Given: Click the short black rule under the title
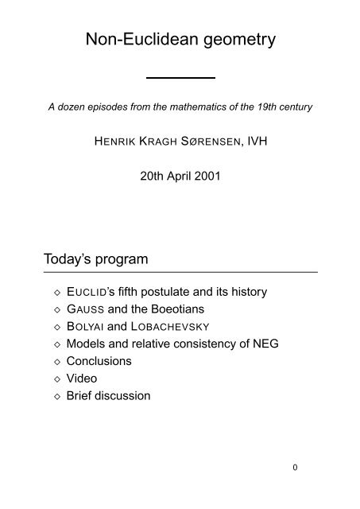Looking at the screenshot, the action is (182, 76).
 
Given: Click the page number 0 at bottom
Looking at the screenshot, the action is (295, 468).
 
